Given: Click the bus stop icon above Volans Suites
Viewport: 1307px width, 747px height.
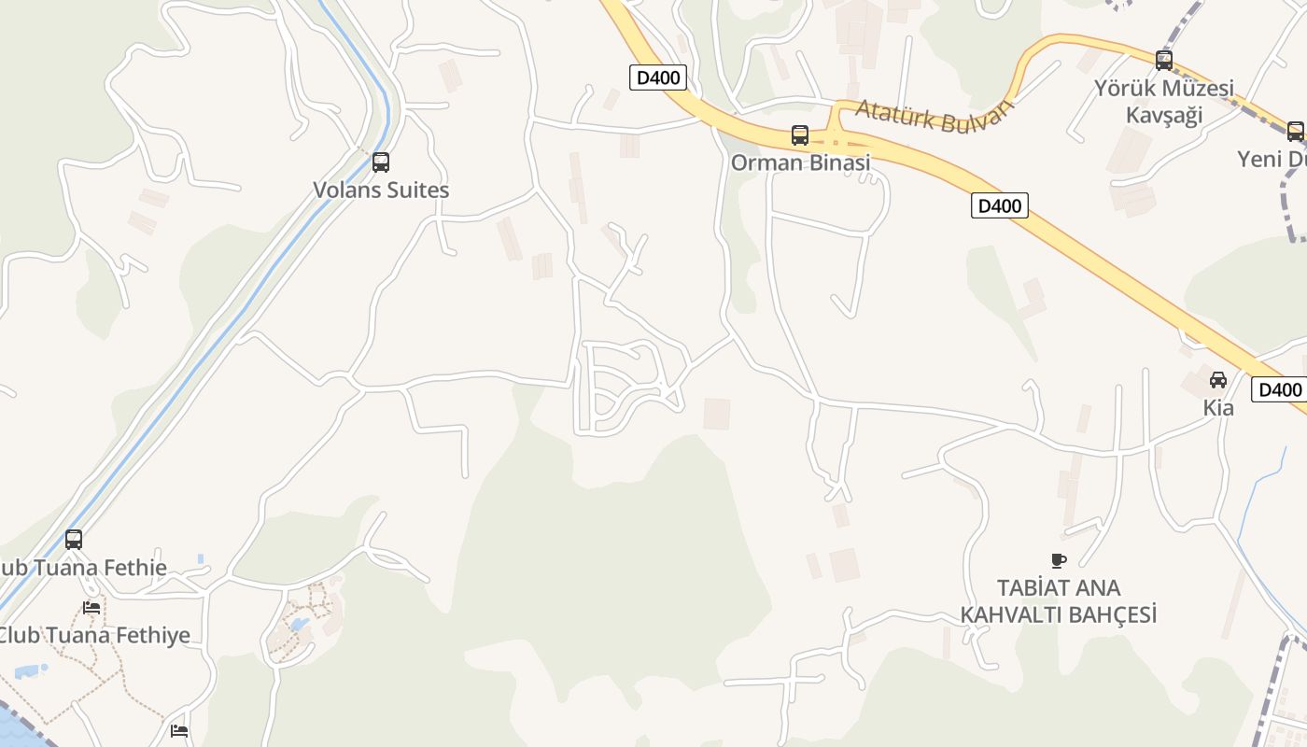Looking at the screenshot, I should coord(380,162).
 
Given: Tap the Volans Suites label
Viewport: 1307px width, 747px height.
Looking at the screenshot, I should coord(381,190).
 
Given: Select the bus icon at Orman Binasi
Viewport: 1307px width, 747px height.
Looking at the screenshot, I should coord(800,135).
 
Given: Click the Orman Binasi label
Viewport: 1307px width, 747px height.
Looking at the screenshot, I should coord(800,162).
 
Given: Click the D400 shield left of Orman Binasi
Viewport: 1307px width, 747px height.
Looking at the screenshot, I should coord(658,78).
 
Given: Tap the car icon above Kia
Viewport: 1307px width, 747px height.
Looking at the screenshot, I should coord(1218,380).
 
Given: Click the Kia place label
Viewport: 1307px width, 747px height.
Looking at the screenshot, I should coord(1218,408).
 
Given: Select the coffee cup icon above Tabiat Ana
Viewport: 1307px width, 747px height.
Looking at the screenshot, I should coord(1058,560).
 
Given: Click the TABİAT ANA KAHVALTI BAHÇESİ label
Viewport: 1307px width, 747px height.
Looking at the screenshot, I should coord(1059,601).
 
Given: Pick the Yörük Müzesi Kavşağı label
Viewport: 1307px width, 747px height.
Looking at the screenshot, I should coord(1164,102).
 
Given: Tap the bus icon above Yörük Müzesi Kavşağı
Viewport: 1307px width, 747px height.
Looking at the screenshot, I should coord(1164,61).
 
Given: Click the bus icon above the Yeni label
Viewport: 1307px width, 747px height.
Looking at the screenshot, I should coord(1295,132).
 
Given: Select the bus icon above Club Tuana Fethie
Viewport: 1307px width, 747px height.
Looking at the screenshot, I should coord(74,540).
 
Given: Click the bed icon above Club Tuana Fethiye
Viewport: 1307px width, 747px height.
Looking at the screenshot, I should coord(91,607).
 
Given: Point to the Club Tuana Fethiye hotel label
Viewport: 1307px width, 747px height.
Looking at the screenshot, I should coord(93,636).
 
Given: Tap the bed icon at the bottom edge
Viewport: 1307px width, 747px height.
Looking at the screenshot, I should coord(179,730).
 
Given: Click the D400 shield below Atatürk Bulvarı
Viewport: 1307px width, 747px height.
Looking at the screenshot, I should coord(1000,205).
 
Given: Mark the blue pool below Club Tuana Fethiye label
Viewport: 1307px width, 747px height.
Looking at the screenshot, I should coord(31,669).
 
